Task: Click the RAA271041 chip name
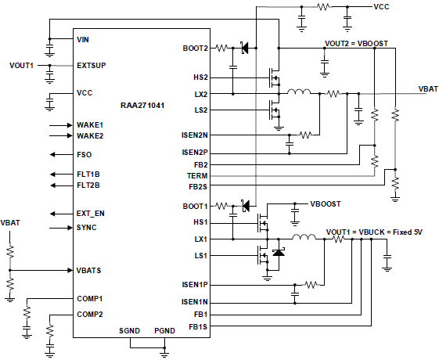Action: click(142, 106)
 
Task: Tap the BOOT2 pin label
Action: click(196, 49)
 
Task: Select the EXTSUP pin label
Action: click(92, 66)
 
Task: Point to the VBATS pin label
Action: click(88, 271)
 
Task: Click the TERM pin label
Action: click(197, 176)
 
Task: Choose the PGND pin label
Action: click(164, 331)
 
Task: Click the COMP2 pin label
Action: click(90, 315)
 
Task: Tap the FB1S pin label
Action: click(198, 326)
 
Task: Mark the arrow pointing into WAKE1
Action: click(61, 125)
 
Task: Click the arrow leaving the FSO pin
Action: click(61, 154)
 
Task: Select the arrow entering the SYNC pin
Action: click(61, 228)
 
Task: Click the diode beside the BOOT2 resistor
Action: click(245, 49)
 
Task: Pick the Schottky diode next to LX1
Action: click(279, 253)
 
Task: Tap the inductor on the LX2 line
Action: click(299, 92)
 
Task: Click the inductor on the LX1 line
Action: click(304, 237)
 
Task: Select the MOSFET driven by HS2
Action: click(275, 77)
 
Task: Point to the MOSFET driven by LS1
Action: click(263, 255)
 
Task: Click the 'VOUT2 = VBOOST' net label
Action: click(356, 44)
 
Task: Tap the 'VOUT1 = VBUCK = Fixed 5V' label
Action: click(374, 232)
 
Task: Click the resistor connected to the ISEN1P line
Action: click(311, 285)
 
